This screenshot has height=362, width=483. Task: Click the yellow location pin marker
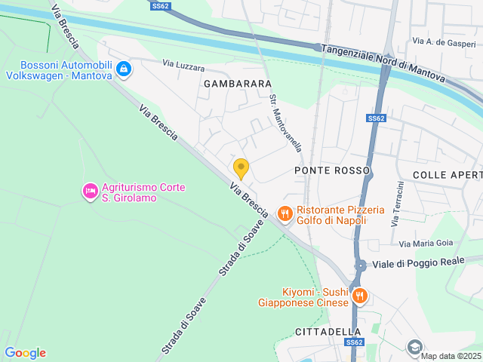coord(241,168)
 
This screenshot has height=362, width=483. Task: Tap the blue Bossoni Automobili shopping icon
coord(124,70)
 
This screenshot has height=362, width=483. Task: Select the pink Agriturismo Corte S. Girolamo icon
coord(90,192)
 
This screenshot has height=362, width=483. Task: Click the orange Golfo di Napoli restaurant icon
coord(285,214)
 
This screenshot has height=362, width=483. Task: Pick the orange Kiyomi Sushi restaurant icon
coord(360,296)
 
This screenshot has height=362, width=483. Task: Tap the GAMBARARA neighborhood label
coord(238,84)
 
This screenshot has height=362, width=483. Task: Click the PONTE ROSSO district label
coord(332,170)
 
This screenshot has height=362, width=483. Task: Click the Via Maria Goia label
coord(426,243)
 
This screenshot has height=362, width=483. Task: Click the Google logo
coord(25,352)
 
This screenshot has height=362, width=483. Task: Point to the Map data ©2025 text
coord(450,356)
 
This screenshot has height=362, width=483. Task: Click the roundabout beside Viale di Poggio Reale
coord(361,265)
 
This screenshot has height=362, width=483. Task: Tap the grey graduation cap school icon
coord(414,347)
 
